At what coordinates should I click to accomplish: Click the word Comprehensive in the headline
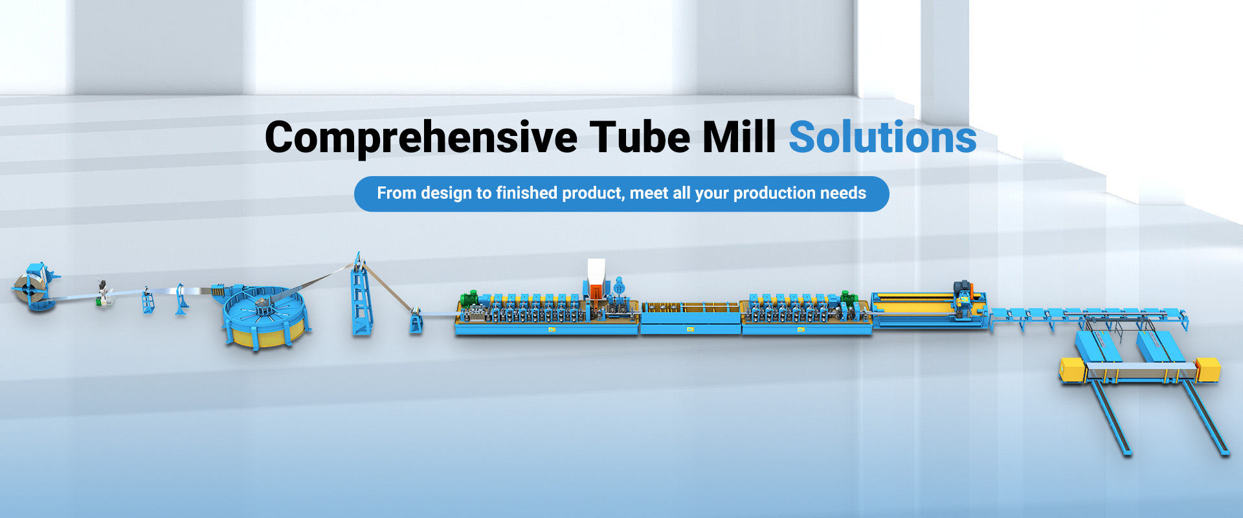421,138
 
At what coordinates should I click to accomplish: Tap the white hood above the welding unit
596,271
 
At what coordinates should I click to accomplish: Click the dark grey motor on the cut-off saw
961,287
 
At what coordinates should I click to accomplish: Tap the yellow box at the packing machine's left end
1071,369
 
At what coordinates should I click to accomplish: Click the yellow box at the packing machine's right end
1208,369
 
